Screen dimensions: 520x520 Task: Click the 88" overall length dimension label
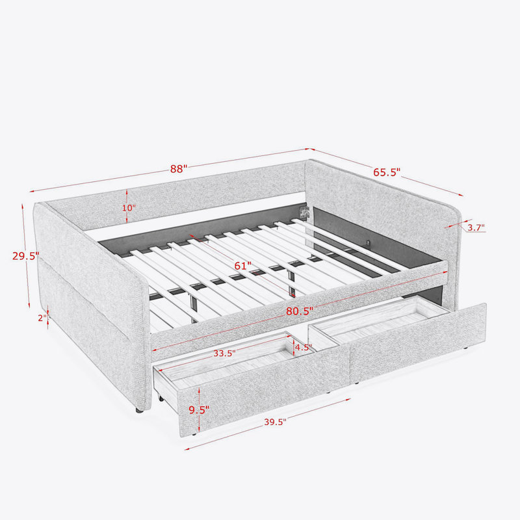(179, 169)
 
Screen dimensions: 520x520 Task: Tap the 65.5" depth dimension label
(387, 172)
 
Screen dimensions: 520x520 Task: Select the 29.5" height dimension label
(26, 255)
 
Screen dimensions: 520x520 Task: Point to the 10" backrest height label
(129, 208)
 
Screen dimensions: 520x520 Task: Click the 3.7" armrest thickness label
(476, 227)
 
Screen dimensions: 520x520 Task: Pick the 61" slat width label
(242, 266)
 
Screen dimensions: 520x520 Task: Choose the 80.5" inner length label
(300, 311)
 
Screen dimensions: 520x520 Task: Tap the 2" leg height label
(42, 318)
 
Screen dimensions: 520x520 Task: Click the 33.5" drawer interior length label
(224, 353)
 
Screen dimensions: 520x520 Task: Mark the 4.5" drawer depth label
(304, 347)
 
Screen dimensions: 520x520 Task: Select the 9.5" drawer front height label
(199, 410)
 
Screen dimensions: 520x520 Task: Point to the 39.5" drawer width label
(275, 422)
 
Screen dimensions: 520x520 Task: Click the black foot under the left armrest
(139, 410)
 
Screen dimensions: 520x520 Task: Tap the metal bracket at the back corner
(304, 212)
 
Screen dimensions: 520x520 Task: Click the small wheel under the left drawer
(161, 398)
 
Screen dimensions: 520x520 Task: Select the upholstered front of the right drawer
(418, 343)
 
